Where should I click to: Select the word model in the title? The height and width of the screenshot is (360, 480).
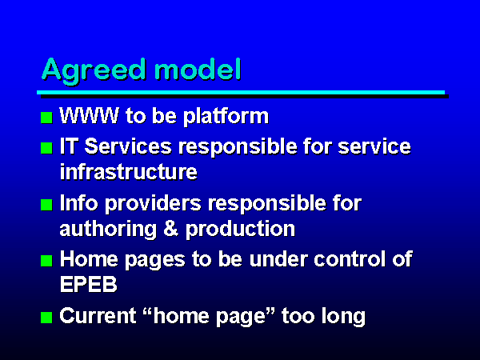198,69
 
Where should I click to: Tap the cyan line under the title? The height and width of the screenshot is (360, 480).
241,92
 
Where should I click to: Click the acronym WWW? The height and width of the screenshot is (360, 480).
89,116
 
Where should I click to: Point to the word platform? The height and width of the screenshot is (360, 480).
226,117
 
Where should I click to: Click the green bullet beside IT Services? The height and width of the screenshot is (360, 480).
46,148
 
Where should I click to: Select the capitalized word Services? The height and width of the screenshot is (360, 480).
128,146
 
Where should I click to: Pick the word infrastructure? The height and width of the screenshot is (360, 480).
129,171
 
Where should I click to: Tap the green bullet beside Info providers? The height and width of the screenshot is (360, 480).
46,205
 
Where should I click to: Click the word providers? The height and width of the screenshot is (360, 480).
153,204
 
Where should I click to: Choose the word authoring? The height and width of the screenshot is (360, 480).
108,230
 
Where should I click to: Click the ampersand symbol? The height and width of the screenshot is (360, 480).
171,229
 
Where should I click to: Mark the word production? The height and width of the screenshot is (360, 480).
240,230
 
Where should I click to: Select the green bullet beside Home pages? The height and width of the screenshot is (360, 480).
46,261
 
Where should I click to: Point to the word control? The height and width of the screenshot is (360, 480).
350,259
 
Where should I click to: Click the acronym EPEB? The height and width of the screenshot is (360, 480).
89,284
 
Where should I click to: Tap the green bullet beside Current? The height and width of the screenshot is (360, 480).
46,318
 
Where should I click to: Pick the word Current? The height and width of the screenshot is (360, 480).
98,316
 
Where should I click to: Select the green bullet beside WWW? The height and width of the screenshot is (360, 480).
46,118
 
